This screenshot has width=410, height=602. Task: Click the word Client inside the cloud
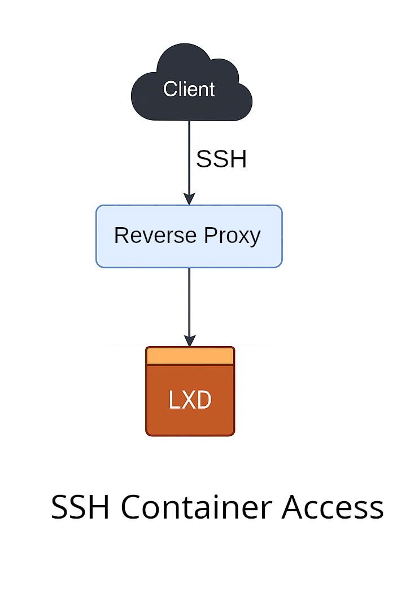[x=189, y=89]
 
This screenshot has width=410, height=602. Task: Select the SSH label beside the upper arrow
[x=221, y=160]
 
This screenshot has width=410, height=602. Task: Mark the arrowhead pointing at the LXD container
[x=190, y=341]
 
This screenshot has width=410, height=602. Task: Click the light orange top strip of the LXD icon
[x=190, y=356]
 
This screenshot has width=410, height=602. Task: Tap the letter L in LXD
[x=174, y=400]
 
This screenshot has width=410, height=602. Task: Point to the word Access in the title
[x=333, y=507]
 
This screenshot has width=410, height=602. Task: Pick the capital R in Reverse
[x=120, y=235]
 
